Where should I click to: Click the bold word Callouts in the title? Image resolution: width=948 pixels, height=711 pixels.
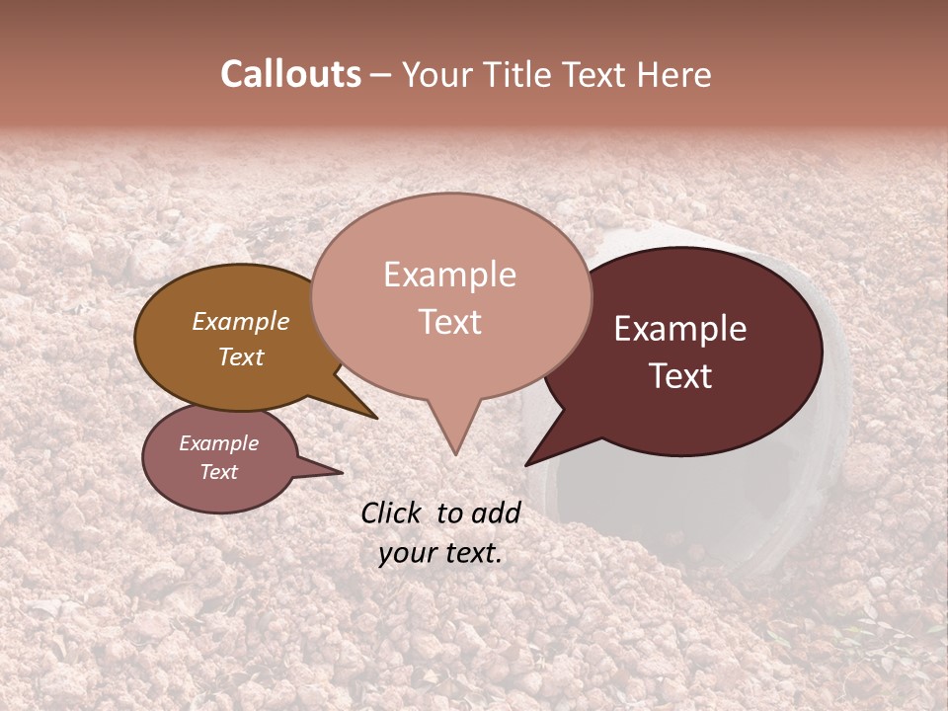(x=291, y=74)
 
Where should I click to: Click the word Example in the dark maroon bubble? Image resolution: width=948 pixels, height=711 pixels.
(x=680, y=329)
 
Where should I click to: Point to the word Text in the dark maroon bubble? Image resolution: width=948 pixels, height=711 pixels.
(x=681, y=376)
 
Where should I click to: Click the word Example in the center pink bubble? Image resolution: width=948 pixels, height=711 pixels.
(x=449, y=275)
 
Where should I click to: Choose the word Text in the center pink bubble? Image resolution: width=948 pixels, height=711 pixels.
(x=450, y=322)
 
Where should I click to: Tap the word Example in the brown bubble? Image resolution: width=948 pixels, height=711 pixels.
(x=241, y=321)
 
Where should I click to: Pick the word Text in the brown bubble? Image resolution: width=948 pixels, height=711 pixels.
(x=241, y=356)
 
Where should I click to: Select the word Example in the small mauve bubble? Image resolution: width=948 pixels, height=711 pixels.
(x=218, y=443)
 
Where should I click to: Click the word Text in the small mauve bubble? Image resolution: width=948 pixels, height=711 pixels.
(x=218, y=472)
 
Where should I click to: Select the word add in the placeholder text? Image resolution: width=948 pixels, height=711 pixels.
(x=496, y=513)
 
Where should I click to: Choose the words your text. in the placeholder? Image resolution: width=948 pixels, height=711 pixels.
(x=440, y=553)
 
